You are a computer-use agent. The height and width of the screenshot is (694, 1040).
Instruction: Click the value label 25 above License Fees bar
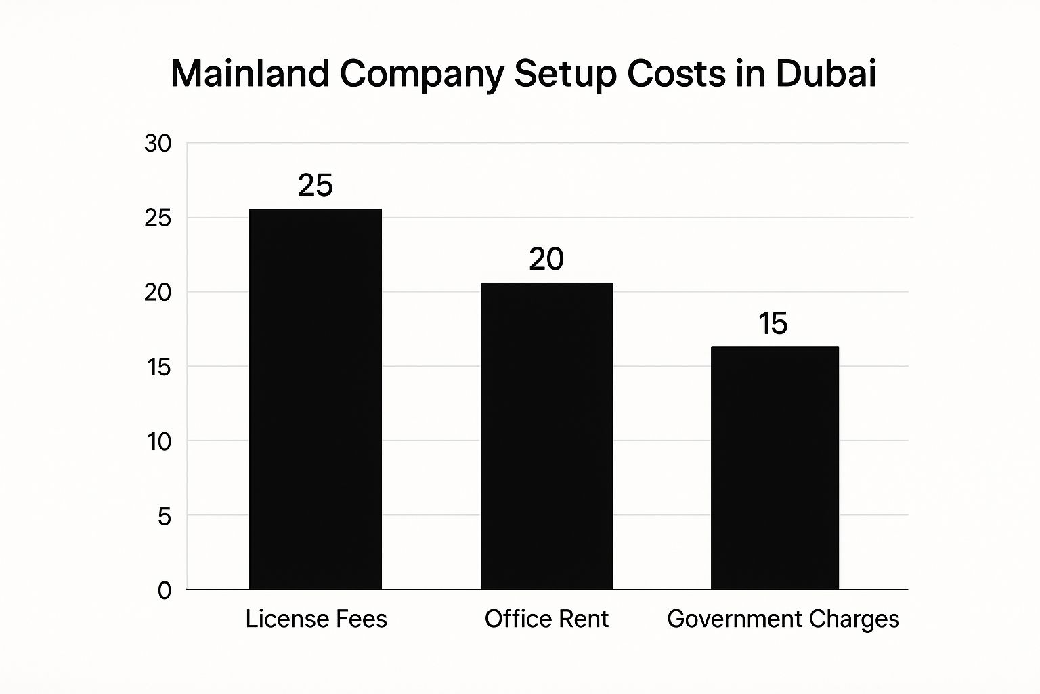[x=316, y=185]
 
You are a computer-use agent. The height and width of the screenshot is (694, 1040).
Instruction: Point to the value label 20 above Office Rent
[x=546, y=259]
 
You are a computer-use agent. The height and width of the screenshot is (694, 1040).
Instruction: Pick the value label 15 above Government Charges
[x=773, y=323]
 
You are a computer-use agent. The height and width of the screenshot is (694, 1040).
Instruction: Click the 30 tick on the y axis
[x=158, y=144]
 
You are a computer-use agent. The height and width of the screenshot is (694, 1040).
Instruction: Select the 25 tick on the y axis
[x=158, y=218]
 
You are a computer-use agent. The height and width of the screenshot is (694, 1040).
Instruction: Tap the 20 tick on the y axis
[x=158, y=293]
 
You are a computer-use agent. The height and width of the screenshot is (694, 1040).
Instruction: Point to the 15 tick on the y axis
[x=158, y=367]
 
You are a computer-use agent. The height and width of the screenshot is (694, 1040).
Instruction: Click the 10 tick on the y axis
[x=158, y=442]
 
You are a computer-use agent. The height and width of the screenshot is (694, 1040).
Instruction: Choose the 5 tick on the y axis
[x=165, y=516]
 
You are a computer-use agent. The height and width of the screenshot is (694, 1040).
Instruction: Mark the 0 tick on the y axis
[x=165, y=590]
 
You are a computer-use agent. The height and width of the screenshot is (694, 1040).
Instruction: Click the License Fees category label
[x=316, y=619]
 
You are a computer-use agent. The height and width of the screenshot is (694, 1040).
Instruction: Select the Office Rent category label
[x=546, y=619]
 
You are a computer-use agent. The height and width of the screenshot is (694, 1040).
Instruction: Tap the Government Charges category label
[x=783, y=619]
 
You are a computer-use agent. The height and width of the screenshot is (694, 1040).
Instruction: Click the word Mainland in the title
[x=250, y=73]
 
